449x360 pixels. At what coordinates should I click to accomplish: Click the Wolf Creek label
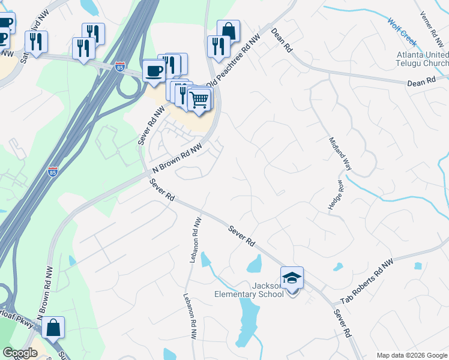(x=402, y=32)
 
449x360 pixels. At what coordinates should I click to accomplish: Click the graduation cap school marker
(x=292, y=278)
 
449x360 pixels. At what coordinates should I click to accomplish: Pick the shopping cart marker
(x=199, y=99)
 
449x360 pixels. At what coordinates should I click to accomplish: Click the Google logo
(x=20, y=353)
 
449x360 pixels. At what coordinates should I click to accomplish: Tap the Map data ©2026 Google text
(x=411, y=355)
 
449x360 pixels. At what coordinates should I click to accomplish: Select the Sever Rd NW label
(x=151, y=125)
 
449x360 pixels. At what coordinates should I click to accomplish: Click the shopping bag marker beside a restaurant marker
(x=228, y=31)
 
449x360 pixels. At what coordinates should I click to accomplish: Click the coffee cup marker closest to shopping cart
(x=154, y=71)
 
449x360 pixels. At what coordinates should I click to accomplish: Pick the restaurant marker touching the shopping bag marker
(x=217, y=46)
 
